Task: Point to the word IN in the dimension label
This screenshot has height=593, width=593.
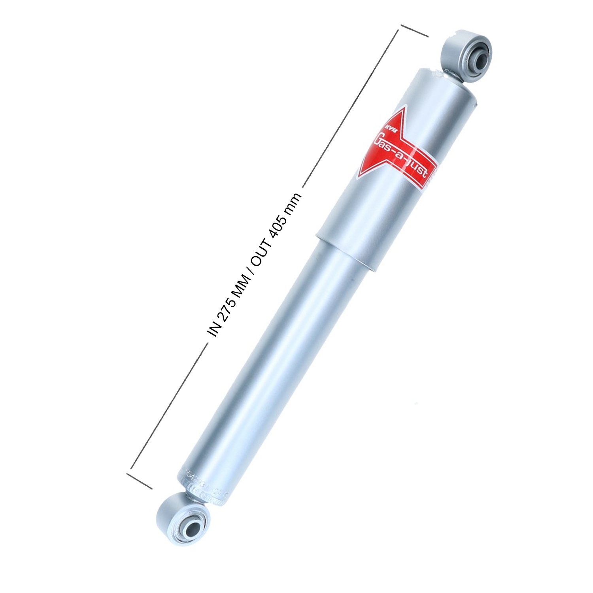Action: (x=214, y=329)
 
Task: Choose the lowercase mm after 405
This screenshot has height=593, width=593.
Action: (x=293, y=204)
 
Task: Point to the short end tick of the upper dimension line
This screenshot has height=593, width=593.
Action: (x=414, y=30)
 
